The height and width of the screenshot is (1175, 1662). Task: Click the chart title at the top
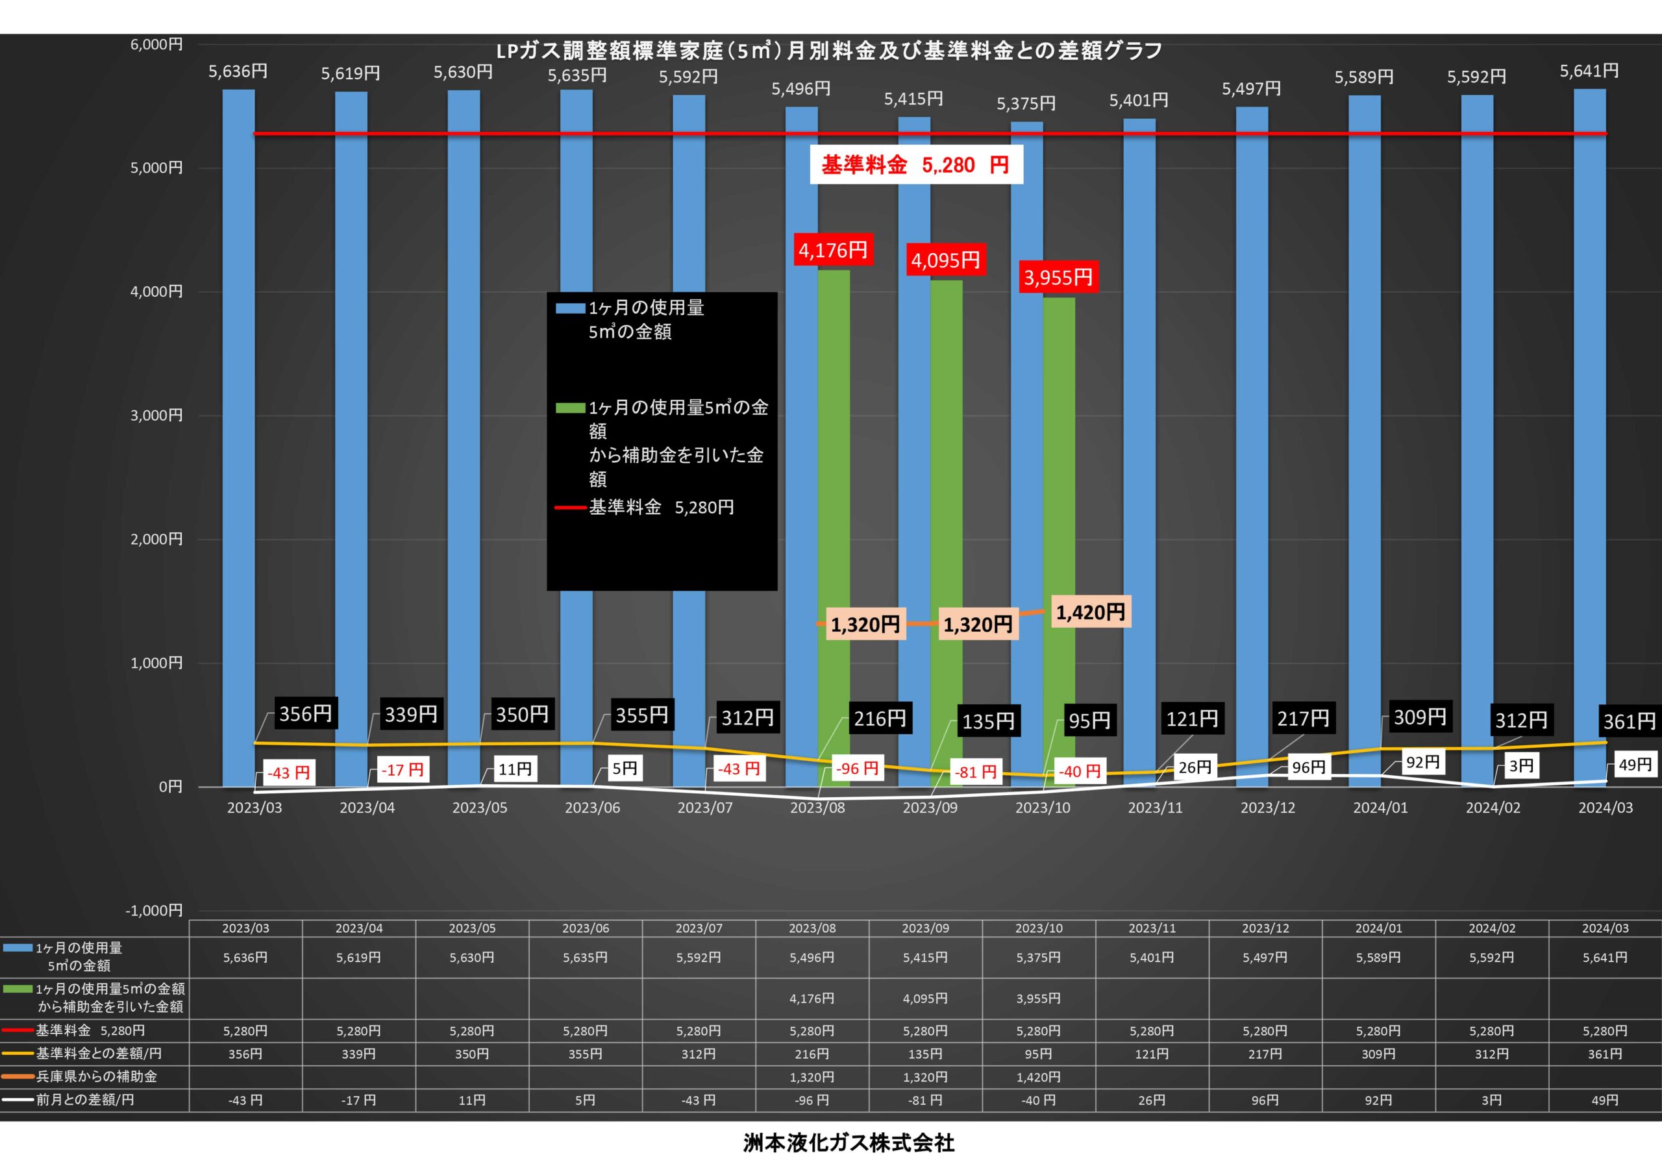tap(829, 51)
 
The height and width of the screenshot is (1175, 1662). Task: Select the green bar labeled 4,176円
tap(834, 528)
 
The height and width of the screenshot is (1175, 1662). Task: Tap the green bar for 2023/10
tap(1059, 542)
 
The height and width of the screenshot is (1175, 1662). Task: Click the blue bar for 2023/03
tap(238, 438)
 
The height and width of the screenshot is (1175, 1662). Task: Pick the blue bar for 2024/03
tap(1590, 438)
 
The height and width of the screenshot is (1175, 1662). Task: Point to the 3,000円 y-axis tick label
tap(156, 415)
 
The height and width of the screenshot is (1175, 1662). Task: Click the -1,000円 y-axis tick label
tap(154, 911)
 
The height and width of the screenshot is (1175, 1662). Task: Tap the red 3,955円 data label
tap(1058, 277)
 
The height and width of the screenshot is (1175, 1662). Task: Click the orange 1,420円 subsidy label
tap(1090, 612)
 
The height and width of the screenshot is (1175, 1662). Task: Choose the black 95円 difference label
tap(1089, 721)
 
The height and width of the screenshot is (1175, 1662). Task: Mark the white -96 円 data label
tap(857, 768)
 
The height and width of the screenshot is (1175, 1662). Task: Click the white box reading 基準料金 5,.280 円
tap(915, 164)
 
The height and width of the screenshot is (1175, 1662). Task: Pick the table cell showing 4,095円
tap(925, 998)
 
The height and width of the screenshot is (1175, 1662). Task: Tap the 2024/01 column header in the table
tap(1378, 928)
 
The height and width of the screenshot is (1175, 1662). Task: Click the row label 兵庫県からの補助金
tap(96, 1076)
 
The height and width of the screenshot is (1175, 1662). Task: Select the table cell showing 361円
tap(1605, 1054)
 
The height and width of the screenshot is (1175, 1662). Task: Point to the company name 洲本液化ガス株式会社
tap(849, 1143)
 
